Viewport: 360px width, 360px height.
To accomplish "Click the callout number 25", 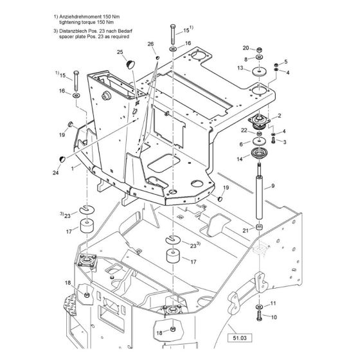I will [x=120, y=51].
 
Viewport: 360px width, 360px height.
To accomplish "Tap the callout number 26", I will [x=150, y=44].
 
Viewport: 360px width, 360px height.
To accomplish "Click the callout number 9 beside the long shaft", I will [x=273, y=186].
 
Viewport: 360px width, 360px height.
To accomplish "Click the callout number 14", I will [x=240, y=158].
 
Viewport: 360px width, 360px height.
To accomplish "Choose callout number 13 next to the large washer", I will [x=240, y=67].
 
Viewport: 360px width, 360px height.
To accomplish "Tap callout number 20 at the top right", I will [x=245, y=48].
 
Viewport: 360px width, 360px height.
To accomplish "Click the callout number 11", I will [x=273, y=303].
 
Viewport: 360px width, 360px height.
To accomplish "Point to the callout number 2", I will [x=280, y=116].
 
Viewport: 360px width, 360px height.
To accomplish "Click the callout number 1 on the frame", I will [x=73, y=167].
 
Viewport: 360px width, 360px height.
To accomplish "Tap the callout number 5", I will [x=285, y=62].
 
